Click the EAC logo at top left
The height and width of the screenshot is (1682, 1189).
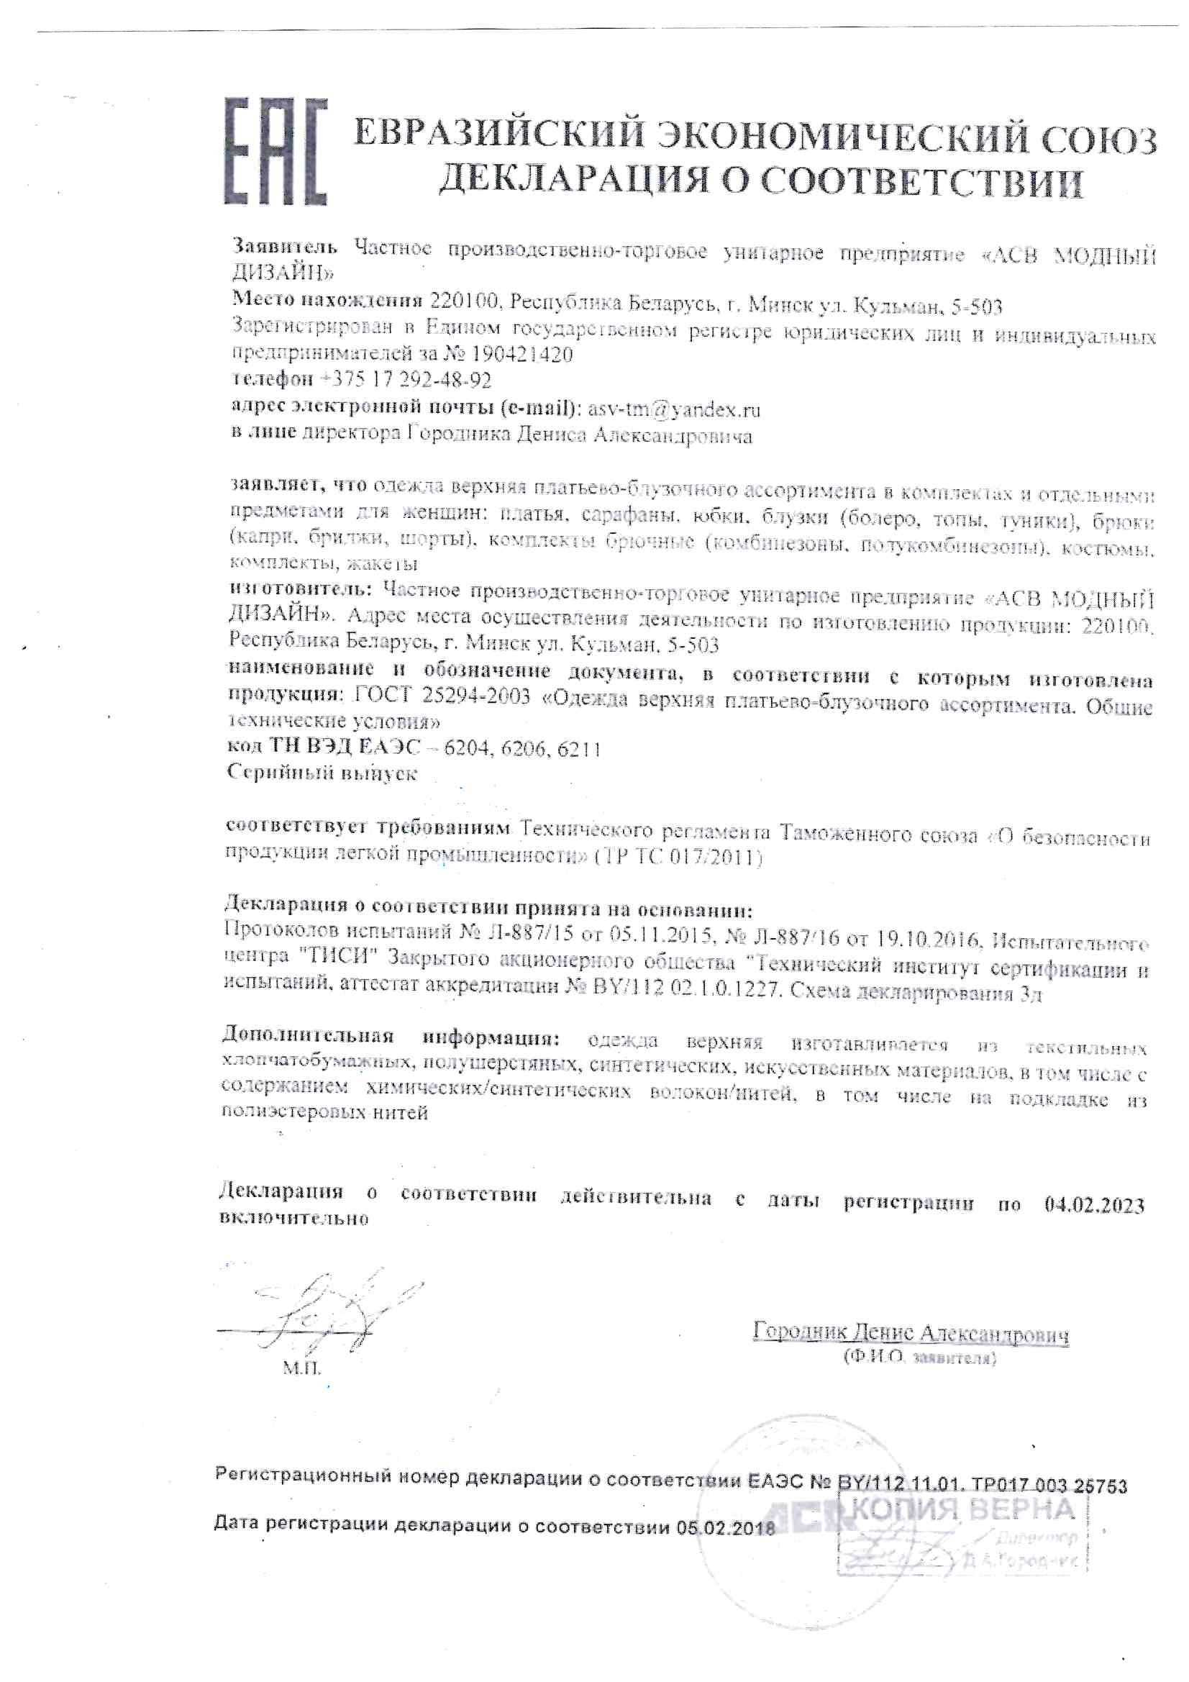point(274,152)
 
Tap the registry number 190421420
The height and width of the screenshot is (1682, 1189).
point(522,355)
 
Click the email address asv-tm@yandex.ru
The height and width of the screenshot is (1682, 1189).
point(674,409)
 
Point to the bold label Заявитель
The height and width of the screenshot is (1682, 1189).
point(285,247)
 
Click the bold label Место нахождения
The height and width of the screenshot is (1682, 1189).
point(327,299)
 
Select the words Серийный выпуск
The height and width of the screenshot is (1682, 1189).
point(322,773)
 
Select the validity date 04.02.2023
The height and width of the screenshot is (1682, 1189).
point(1095,1205)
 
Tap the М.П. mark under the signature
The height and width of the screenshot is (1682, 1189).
point(302,1368)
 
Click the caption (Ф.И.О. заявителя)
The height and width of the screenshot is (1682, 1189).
point(919,1358)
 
